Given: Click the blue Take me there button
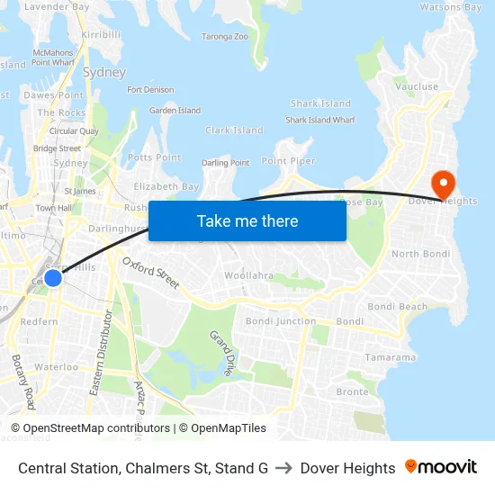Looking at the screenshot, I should tap(247, 220).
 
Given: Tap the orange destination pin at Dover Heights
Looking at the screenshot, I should tap(444, 184).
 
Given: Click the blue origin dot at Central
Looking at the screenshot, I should tap(53, 277).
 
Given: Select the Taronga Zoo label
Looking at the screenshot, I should tap(224, 37).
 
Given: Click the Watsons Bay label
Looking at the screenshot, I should tap(452, 7).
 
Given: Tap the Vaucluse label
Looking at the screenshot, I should tap(416, 87).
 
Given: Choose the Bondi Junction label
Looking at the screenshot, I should tap(281, 321).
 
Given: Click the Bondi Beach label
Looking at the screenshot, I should tap(398, 307).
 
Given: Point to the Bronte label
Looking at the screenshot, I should tap(352, 391).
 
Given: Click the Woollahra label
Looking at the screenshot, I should tap(247, 274).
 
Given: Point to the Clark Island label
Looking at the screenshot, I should tap(234, 130).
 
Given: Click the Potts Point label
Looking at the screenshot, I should tap(154, 157).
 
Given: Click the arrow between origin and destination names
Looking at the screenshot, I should tap(283, 468).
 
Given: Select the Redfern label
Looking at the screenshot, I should tap(39, 321).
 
